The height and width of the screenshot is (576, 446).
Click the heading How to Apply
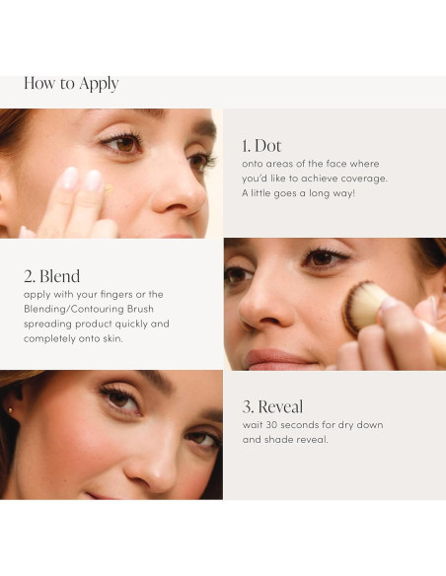(71, 84)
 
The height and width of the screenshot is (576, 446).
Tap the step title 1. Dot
(261, 146)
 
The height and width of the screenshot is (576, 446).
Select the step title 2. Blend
(51, 276)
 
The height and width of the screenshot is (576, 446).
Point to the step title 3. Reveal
(272, 406)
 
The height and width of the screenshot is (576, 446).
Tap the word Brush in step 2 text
(140, 309)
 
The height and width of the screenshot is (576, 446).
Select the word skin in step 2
(112, 338)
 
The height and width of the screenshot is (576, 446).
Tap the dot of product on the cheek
(109, 188)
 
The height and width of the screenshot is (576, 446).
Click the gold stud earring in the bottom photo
(10, 410)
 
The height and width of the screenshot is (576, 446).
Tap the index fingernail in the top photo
(70, 178)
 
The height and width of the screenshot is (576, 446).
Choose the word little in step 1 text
(260, 193)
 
